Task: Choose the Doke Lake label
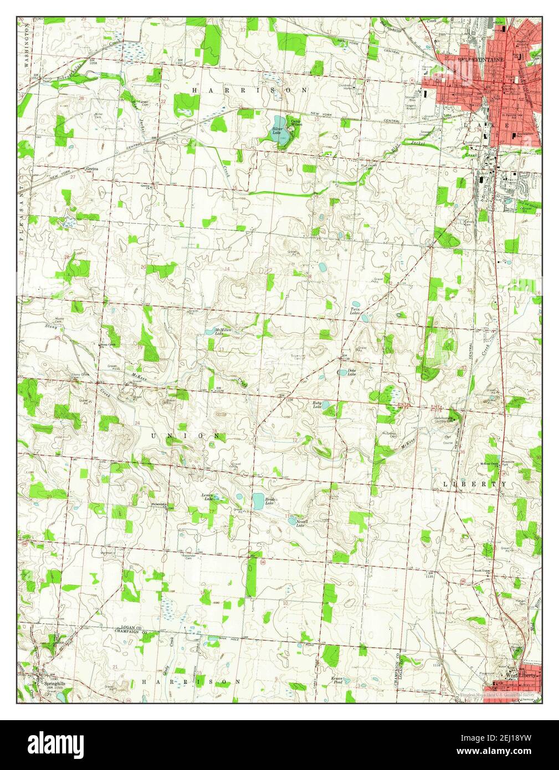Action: coord(351,372)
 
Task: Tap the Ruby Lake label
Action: coord(317,405)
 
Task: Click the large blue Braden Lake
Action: coord(258,501)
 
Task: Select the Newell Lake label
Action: coord(301,523)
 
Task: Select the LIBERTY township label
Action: coord(474,484)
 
